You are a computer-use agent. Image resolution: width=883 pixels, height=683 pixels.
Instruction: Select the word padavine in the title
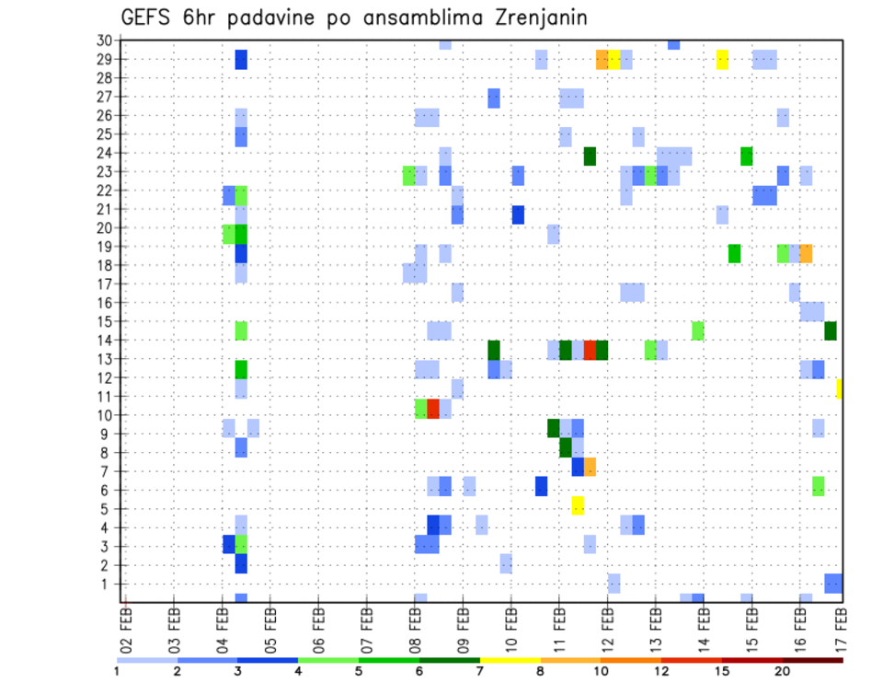click(x=277, y=18)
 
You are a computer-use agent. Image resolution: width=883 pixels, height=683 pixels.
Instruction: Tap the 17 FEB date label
click(x=843, y=623)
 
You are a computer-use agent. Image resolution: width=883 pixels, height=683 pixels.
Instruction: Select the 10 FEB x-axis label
click(x=509, y=623)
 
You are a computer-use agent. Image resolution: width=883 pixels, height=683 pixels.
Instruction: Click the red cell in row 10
click(x=433, y=409)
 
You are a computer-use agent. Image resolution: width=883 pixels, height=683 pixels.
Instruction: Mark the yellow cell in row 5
click(x=578, y=504)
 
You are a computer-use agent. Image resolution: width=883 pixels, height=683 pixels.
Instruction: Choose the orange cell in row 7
click(x=590, y=467)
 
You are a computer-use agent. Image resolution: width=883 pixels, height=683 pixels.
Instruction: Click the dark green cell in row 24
click(x=590, y=156)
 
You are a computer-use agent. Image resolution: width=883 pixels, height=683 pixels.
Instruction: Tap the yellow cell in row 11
click(x=840, y=388)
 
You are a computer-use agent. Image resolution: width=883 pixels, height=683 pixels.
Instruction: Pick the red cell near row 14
click(x=590, y=350)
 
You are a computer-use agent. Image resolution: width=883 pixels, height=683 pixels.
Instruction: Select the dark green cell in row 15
click(x=831, y=330)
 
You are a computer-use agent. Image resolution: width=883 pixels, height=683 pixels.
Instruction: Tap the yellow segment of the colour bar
click(x=510, y=660)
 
